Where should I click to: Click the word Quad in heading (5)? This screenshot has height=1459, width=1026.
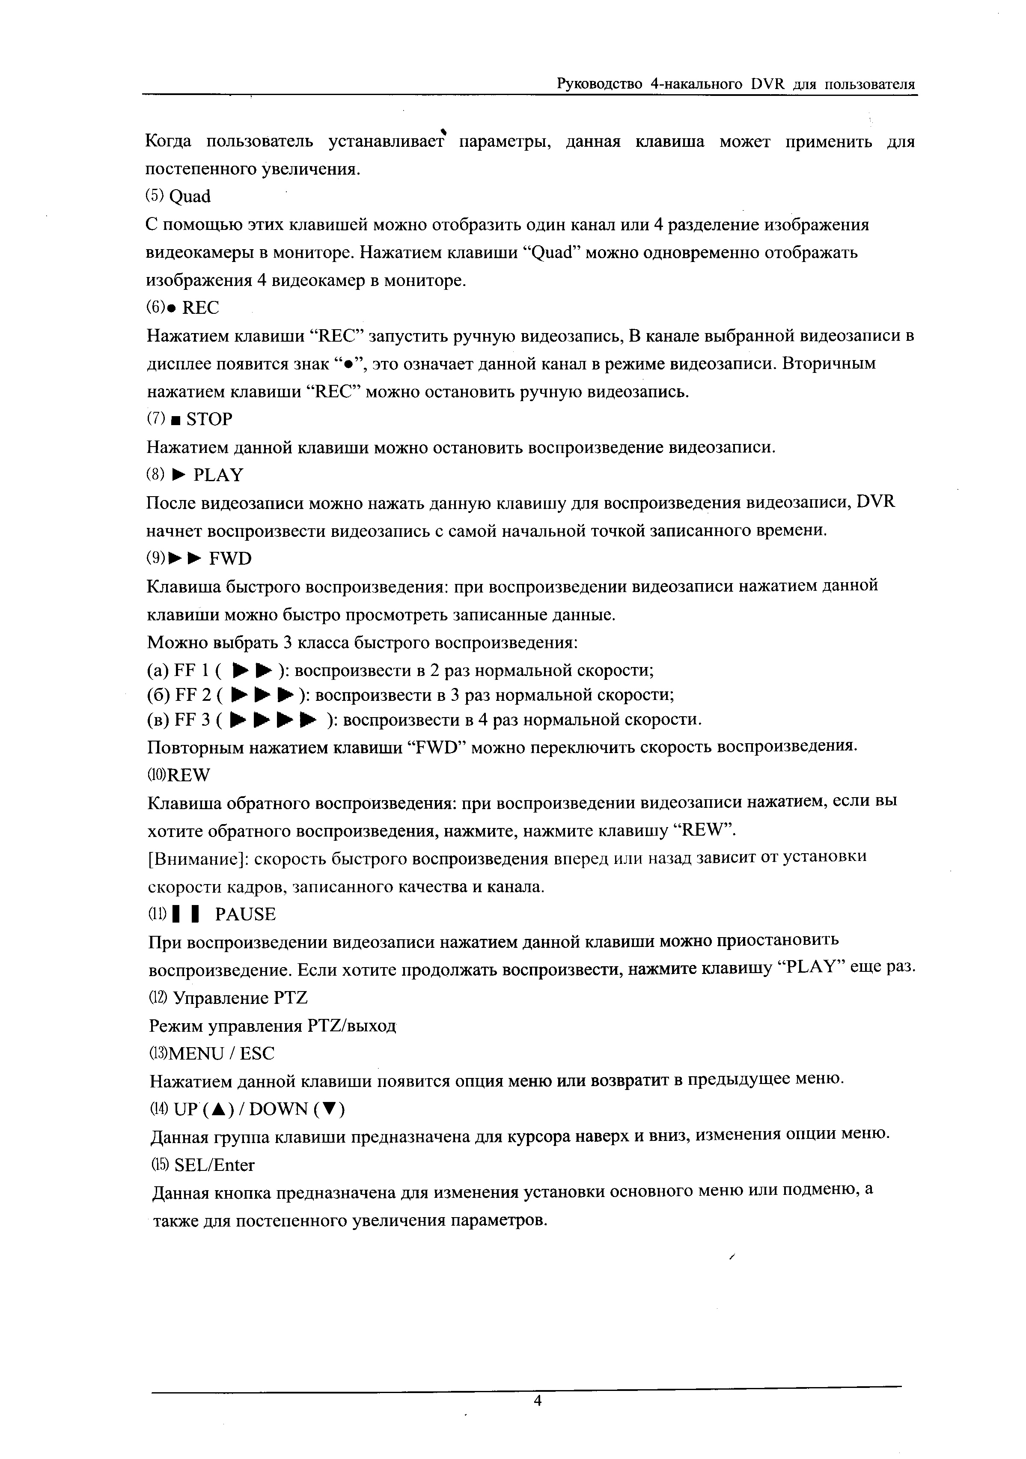coord(190,197)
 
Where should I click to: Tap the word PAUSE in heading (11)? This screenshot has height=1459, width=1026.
coord(245,914)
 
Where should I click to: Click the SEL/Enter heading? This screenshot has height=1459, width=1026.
coord(214,1165)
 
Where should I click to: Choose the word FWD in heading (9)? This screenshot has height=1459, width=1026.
coord(230,559)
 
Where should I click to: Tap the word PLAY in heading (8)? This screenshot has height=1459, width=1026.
coord(218,475)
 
